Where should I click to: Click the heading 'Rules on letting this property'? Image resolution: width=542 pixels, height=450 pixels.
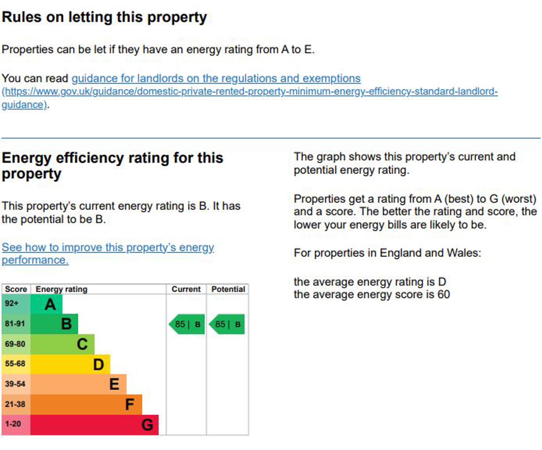click(x=104, y=17)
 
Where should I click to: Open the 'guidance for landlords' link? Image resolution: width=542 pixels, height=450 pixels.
click(x=216, y=78)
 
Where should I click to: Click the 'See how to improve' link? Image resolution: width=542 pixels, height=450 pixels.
click(x=108, y=247)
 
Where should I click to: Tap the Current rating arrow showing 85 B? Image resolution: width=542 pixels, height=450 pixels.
click(x=187, y=324)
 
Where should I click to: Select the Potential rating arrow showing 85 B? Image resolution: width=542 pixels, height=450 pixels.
click(x=227, y=324)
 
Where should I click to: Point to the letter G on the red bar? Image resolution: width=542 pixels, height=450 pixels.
click(x=147, y=425)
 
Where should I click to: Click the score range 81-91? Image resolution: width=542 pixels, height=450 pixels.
click(x=15, y=324)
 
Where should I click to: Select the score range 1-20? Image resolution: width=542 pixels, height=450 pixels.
click(x=13, y=424)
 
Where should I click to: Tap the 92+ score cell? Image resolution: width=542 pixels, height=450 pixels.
click(x=12, y=303)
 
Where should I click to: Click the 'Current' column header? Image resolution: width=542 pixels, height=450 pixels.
click(x=186, y=289)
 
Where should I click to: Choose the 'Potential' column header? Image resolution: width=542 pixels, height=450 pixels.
click(x=228, y=289)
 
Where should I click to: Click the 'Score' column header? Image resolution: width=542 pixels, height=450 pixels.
click(x=16, y=289)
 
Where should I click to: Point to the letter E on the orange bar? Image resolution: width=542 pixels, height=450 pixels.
click(x=114, y=384)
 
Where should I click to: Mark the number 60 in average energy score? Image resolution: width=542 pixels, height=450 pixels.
click(x=443, y=295)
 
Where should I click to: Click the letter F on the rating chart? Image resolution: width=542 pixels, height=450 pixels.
click(x=129, y=404)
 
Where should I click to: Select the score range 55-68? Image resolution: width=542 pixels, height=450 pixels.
click(x=15, y=363)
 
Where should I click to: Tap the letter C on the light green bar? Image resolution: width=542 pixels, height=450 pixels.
click(x=82, y=344)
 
